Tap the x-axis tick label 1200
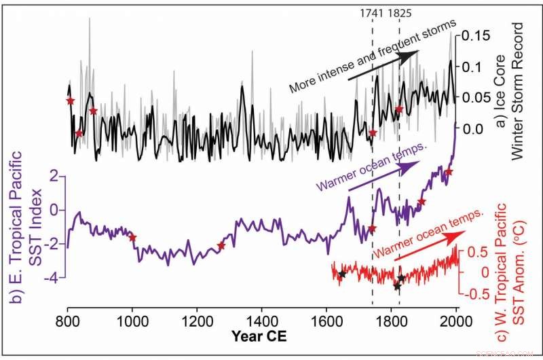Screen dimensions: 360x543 click(x=198, y=321)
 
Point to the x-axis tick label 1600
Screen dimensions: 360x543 click(x=327, y=321)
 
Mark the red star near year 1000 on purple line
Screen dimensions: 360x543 click(x=132, y=237)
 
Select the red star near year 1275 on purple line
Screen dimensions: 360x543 click(x=221, y=246)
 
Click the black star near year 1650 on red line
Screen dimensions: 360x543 click(x=342, y=274)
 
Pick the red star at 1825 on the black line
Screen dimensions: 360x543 click(x=399, y=109)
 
